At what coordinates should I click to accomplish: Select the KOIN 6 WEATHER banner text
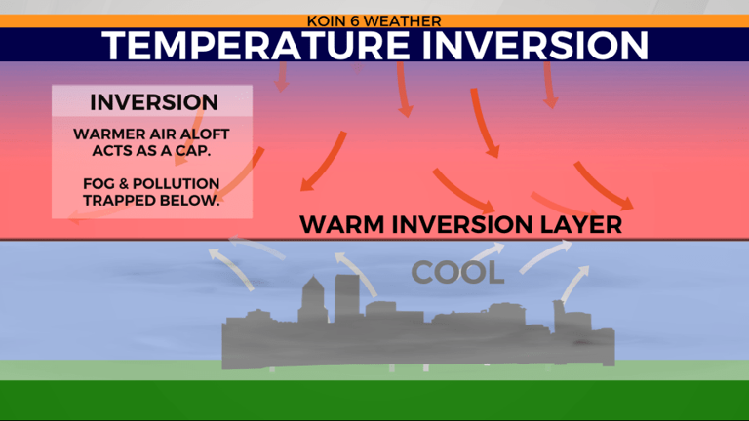click(374, 19)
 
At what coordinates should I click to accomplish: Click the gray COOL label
click(456, 273)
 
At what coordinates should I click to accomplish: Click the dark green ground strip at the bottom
click(374, 402)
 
